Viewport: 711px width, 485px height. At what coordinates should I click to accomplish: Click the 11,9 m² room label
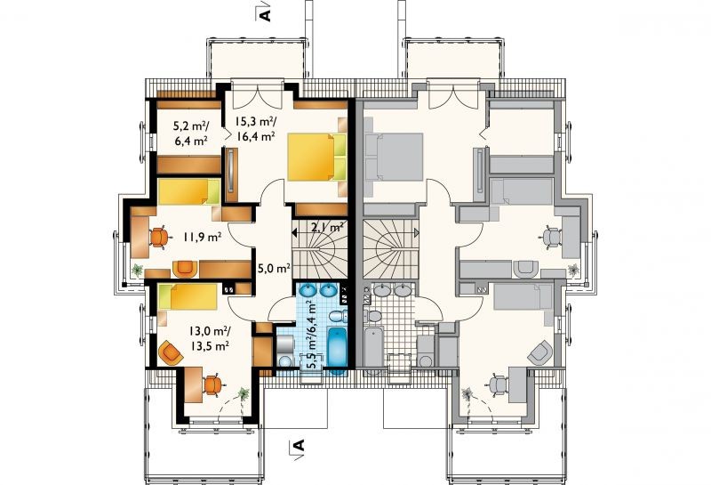pyautogui.click(x=203, y=237)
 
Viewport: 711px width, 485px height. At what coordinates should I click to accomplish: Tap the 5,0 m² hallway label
pyautogui.click(x=274, y=269)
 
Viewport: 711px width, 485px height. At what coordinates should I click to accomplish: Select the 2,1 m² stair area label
pyautogui.click(x=326, y=227)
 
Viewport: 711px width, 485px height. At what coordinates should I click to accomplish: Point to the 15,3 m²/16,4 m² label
pyautogui.click(x=255, y=128)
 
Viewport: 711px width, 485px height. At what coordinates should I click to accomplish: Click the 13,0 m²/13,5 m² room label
pyautogui.click(x=210, y=338)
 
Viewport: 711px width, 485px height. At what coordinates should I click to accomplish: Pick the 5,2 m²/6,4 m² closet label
pyautogui.click(x=191, y=133)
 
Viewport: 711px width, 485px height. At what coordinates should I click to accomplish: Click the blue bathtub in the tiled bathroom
pyautogui.click(x=337, y=350)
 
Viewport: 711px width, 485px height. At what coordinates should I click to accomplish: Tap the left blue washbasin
pyautogui.click(x=308, y=289)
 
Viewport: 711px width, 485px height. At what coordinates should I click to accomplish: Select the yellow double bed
pyautogui.click(x=317, y=157)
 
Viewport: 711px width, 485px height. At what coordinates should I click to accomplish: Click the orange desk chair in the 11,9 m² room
pyautogui.click(x=159, y=237)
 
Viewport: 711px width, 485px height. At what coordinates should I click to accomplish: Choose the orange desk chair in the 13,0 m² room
pyautogui.click(x=212, y=385)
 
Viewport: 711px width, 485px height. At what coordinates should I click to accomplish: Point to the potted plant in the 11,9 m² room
pyautogui.click(x=137, y=271)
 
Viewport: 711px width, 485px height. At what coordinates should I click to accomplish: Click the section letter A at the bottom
pyautogui.click(x=298, y=446)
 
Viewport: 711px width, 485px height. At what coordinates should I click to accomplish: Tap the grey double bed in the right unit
pyautogui.click(x=393, y=157)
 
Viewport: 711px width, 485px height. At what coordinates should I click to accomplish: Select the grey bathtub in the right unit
pyautogui.click(x=373, y=350)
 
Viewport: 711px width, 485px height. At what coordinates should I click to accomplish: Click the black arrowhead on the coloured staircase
pyautogui.click(x=294, y=233)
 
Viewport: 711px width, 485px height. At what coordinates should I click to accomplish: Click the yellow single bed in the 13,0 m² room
pyautogui.click(x=188, y=297)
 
